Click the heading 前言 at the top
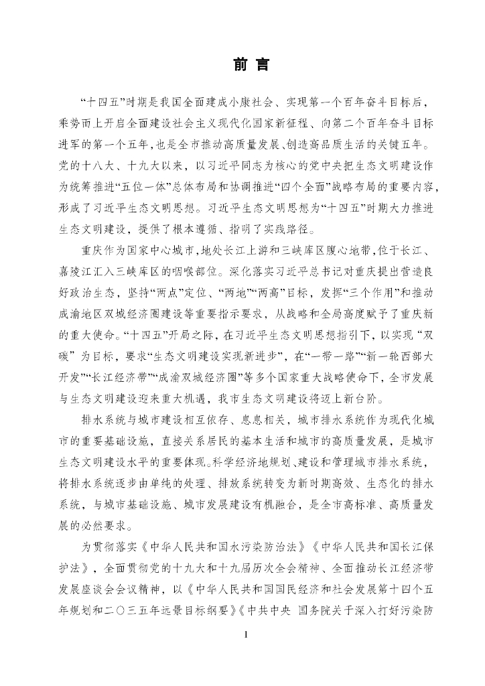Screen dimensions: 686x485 [x=242, y=65]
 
